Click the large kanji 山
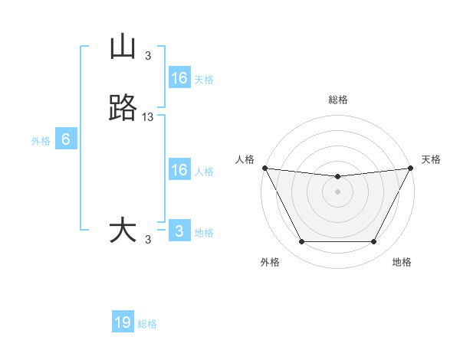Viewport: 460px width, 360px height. coord(123,47)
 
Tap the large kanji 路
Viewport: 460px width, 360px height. coord(123,109)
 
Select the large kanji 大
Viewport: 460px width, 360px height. coord(123,231)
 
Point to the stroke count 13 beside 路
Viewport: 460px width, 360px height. coord(148,117)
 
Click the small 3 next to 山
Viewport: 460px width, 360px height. coord(148,55)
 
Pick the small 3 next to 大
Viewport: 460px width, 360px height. coord(148,240)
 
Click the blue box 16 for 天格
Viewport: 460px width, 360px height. coord(179,78)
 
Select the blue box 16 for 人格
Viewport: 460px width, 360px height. coord(179,170)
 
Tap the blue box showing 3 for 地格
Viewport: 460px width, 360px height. coord(179,231)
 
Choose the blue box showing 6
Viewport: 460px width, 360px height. coord(66,139)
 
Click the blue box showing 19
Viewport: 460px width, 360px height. coord(123,322)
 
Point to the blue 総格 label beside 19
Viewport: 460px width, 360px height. coord(148,324)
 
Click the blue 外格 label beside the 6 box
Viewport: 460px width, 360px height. coord(41,141)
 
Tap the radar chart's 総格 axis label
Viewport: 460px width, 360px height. coord(337,100)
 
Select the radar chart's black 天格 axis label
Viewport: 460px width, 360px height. coord(431,159)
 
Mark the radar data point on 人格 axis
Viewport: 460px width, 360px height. coord(264,168)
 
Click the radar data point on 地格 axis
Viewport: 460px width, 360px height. coord(373,242)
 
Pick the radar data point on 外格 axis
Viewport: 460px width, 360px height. coord(301,242)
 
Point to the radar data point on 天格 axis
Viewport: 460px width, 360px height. coord(410,168)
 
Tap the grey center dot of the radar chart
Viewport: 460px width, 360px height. coord(337,191)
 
